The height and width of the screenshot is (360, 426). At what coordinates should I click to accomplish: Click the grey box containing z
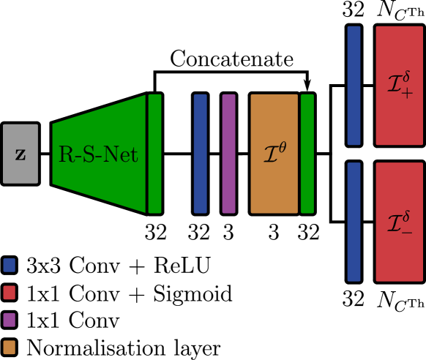(x=20, y=154)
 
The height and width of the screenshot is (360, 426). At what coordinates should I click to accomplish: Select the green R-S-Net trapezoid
(x=99, y=154)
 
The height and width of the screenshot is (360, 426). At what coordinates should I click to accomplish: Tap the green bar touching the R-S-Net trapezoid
(x=154, y=154)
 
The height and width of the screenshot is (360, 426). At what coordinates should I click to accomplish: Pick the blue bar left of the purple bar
(x=201, y=154)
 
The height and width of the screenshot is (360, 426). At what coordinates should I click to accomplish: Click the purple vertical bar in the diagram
(x=229, y=154)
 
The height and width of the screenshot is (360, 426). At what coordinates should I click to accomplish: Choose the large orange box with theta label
(x=274, y=154)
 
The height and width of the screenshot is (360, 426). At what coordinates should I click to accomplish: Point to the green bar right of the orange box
(x=307, y=154)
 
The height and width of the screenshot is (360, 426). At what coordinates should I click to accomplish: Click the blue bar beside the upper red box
(x=354, y=86)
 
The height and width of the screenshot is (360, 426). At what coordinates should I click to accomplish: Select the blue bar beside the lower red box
(x=354, y=222)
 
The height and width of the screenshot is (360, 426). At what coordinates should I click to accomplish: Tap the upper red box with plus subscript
(x=400, y=86)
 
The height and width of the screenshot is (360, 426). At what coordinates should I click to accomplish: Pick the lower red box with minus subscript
(x=400, y=222)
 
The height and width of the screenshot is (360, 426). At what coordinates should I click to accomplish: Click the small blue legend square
(x=10, y=265)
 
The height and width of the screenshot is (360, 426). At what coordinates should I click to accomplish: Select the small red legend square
(x=10, y=293)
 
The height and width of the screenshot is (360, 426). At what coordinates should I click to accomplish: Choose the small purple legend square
(x=10, y=320)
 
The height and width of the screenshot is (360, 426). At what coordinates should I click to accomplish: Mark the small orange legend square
(x=10, y=347)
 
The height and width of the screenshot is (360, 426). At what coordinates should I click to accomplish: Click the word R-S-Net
(x=98, y=155)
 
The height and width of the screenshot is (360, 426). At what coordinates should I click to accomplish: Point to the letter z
(x=20, y=154)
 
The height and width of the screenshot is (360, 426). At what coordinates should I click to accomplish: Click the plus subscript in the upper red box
(x=407, y=93)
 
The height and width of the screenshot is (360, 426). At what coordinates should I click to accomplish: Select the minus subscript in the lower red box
(x=407, y=230)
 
